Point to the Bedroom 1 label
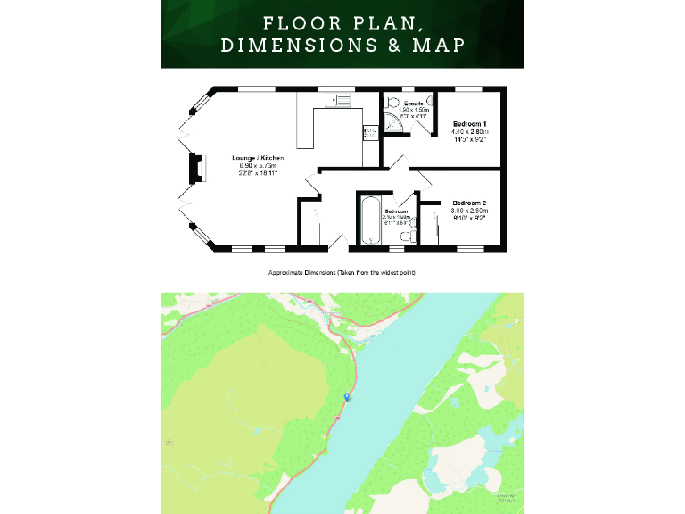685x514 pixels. coord(469,123)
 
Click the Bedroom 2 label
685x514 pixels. coord(469,203)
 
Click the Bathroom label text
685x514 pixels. coord(397,211)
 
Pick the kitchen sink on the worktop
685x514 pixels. coord(340,100)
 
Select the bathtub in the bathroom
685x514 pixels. coord(369,220)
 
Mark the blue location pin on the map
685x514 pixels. coord(347,397)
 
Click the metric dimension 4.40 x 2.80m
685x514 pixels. coord(469,131)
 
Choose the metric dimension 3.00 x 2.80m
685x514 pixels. coord(469,211)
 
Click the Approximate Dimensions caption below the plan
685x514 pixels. coord(342,271)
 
